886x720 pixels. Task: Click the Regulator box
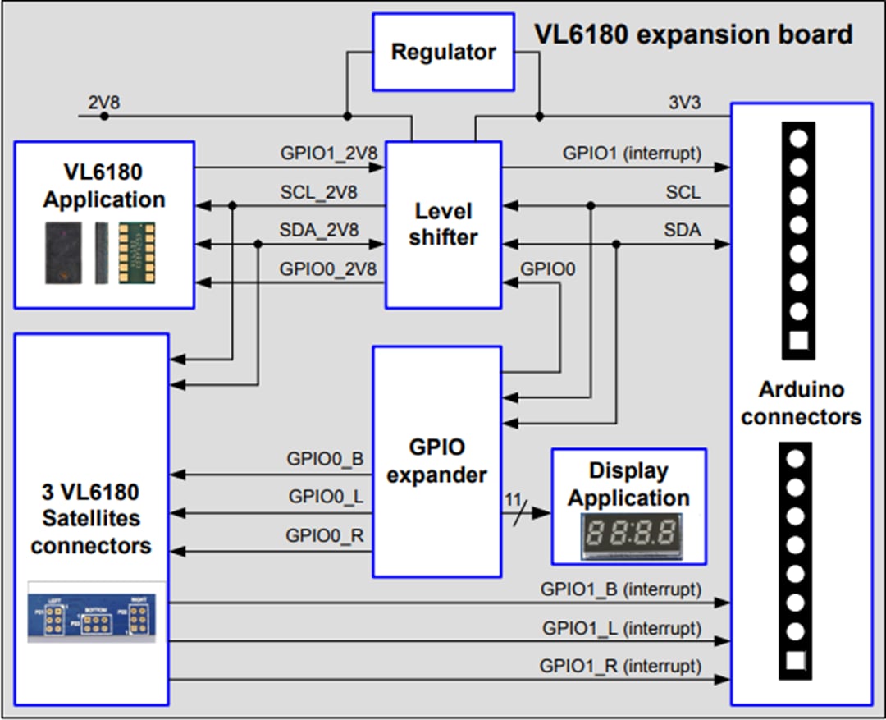pos(443,52)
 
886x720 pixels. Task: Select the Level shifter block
pos(443,224)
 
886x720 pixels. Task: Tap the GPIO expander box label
pos(436,461)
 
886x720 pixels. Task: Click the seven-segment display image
pos(629,537)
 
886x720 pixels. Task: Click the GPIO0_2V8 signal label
pos(320,268)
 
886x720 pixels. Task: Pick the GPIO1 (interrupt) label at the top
pos(632,153)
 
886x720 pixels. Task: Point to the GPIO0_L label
pos(326,497)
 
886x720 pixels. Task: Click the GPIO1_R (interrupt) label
pos(620,665)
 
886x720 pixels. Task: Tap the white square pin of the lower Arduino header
pos(795,660)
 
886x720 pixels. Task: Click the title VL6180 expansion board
pos(693,34)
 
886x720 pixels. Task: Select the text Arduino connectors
pos(801,402)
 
